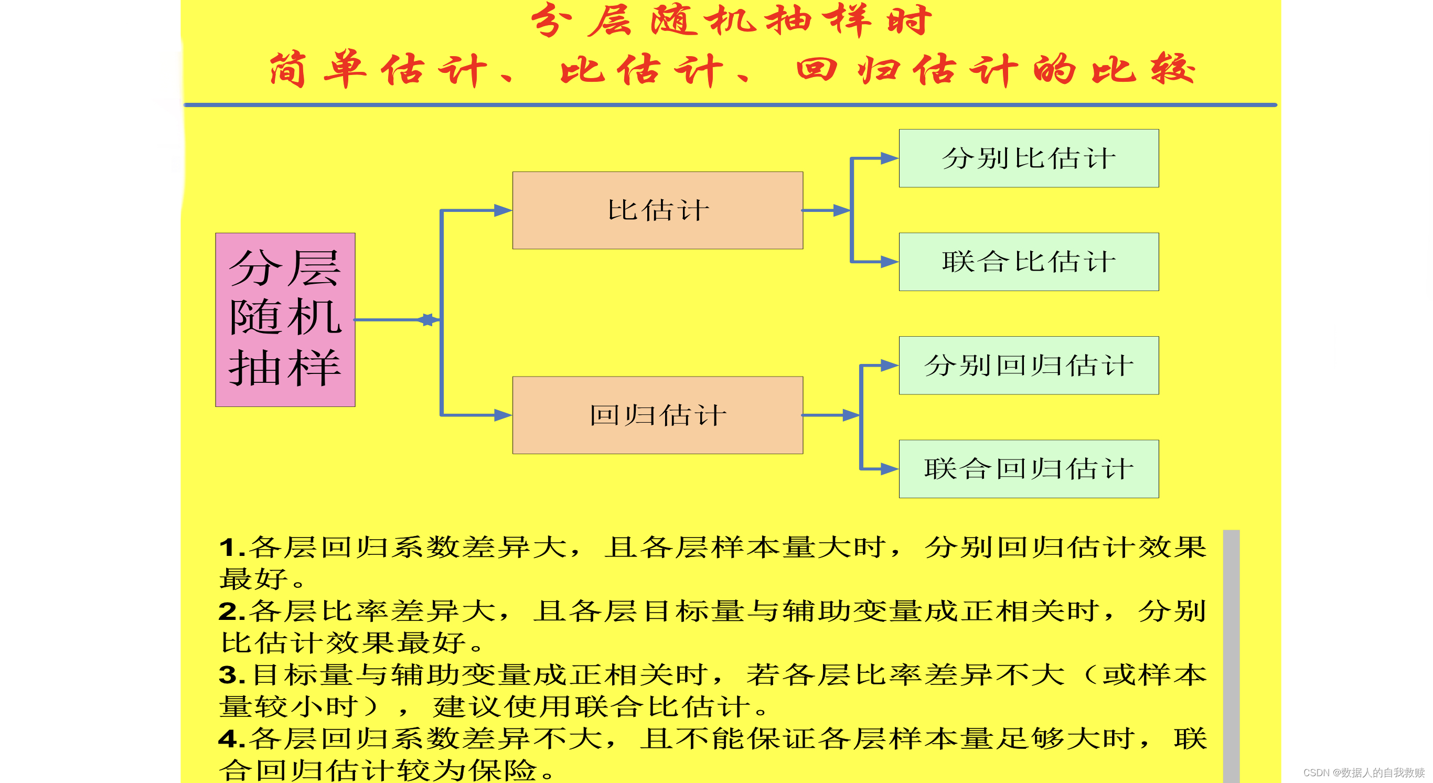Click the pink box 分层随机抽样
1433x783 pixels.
pyautogui.click(x=285, y=319)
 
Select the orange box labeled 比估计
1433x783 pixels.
pyautogui.click(x=657, y=210)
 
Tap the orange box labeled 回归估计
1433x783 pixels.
pyautogui.click(x=657, y=415)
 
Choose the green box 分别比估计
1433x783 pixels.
pyautogui.click(x=1029, y=158)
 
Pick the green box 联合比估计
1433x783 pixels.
pyautogui.click(x=1029, y=262)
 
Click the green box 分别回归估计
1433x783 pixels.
pyautogui.click(x=1029, y=366)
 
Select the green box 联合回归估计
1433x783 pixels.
pyautogui.click(x=1029, y=469)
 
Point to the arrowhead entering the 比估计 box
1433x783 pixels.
pyautogui.click(x=502, y=210)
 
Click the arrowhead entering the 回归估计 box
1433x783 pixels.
pyautogui.click(x=502, y=415)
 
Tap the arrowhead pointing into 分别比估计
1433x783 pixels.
pyautogui.click(x=889, y=158)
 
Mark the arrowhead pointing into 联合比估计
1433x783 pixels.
pyautogui.click(x=889, y=262)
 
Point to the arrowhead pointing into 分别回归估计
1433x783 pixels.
pyautogui.click(x=889, y=366)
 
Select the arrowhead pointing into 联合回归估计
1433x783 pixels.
pyautogui.click(x=889, y=469)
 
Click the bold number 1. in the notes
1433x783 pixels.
pyautogui.click(x=231, y=548)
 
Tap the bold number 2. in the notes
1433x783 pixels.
pyautogui.click(x=231, y=612)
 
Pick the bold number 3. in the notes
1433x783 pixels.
pyautogui.click(x=231, y=675)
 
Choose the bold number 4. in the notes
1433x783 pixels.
pyautogui.click(x=231, y=739)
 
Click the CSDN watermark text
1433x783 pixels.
pyautogui.click(x=1363, y=773)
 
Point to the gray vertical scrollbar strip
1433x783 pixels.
pyautogui.click(x=1231, y=656)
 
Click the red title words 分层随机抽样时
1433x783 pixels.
pyautogui.click(x=731, y=21)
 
